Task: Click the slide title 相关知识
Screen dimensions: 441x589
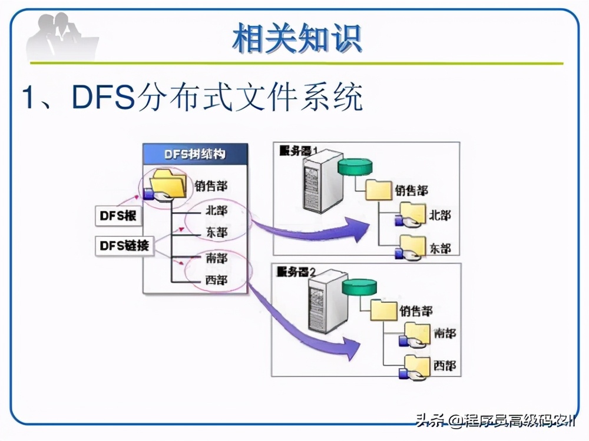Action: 296,39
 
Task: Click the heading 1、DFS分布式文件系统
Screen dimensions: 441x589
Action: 191,98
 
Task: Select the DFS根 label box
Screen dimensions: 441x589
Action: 117,216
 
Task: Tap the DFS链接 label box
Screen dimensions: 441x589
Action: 124,246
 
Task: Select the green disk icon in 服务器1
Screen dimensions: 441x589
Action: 356,166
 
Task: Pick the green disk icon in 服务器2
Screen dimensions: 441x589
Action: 359,287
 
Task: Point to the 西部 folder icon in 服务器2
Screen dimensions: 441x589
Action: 416,365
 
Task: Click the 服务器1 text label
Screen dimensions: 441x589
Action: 298,150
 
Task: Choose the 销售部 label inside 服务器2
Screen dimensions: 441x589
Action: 416,310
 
